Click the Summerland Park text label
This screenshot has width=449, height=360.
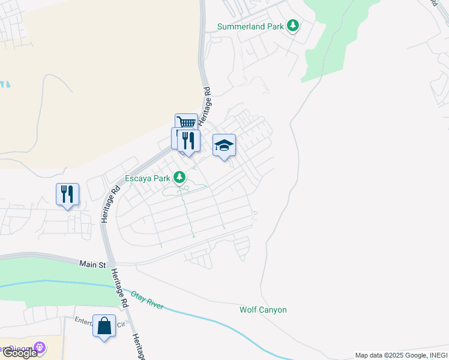coord(250,27)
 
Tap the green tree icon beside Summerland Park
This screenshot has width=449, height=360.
coord(293,26)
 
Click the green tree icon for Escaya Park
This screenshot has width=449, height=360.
coord(179,177)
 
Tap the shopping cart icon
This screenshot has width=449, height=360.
coord(187,122)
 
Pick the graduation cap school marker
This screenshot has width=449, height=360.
coord(224,145)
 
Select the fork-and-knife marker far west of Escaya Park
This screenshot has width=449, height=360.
coord(67,194)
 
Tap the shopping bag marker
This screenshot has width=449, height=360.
coord(104,326)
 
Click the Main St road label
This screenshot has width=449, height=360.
coord(93,264)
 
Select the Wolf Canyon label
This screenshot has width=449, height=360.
coord(263,310)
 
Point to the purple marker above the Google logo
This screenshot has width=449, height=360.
coord(40,347)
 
